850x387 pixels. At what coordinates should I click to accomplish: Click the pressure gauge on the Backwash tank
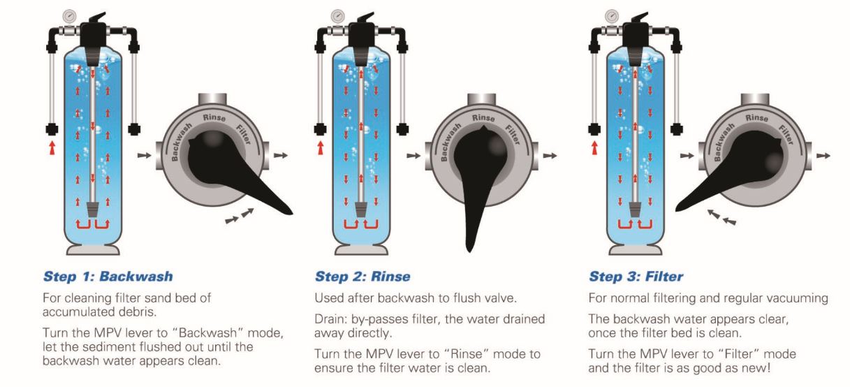(x=68, y=15)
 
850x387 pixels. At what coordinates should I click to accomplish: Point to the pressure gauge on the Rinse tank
(x=338, y=15)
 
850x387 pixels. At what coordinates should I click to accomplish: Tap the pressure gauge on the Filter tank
(x=611, y=15)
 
